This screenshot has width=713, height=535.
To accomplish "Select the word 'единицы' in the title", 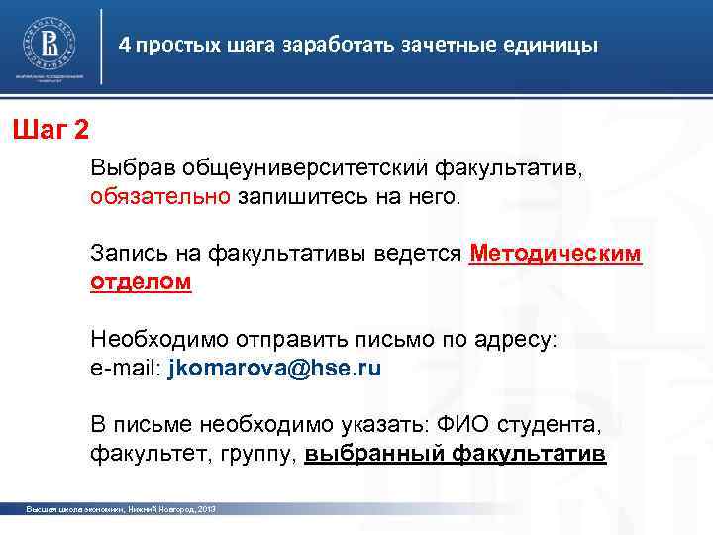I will click(x=555, y=46).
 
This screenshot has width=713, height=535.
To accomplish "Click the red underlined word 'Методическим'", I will click(x=556, y=254).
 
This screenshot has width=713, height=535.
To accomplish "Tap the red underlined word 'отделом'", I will click(x=141, y=281).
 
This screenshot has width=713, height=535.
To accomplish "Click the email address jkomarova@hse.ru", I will click(x=274, y=368).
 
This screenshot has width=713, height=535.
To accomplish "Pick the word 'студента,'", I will click(x=550, y=427).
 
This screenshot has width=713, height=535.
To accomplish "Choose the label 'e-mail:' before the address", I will click(x=127, y=368).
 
